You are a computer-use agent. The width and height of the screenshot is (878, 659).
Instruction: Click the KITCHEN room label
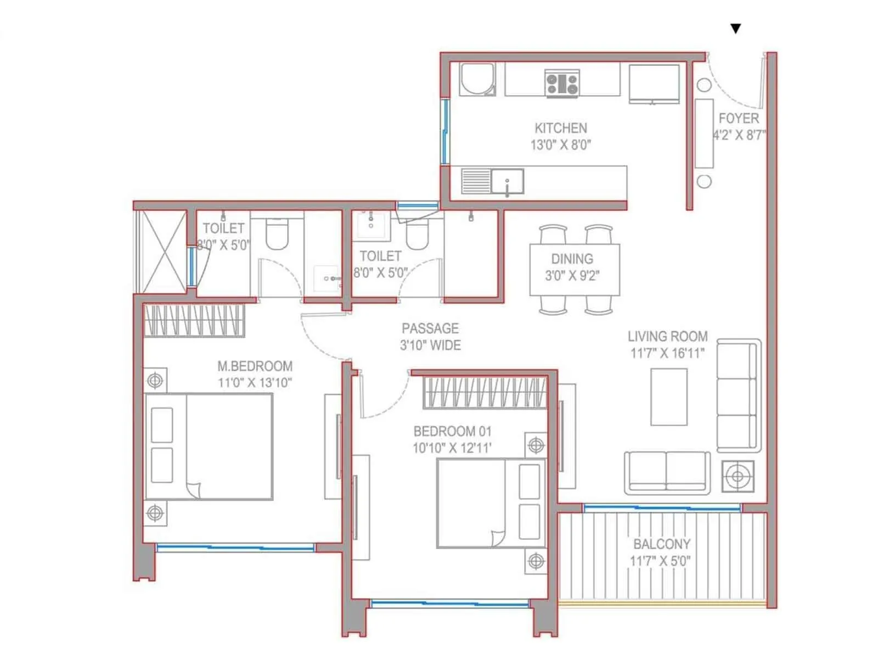[x=560, y=128]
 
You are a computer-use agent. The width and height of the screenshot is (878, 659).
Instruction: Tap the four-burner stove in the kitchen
[x=562, y=84]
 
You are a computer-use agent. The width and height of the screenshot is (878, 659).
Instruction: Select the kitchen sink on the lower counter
[x=507, y=181]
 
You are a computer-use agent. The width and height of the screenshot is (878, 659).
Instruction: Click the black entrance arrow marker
[x=736, y=29]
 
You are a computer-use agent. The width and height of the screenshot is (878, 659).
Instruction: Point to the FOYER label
[x=739, y=118]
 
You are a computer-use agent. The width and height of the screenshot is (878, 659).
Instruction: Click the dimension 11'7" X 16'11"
[x=667, y=353]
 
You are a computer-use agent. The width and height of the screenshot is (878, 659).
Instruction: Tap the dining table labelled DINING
[x=575, y=269]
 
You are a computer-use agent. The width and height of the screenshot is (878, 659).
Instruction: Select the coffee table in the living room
[x=668, y=396]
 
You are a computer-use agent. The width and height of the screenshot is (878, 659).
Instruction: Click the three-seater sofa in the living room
[x=738, y=395]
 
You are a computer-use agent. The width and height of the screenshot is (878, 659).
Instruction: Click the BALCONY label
[x=661, y=544]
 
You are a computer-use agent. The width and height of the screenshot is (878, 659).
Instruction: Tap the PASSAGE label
[x=430, y=328]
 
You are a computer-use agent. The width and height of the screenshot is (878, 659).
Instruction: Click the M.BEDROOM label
[x=255, y=366]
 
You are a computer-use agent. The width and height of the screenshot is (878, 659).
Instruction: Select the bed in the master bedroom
[x=209, y=446]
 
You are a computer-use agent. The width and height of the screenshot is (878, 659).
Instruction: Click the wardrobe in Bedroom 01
[x=485, y=392]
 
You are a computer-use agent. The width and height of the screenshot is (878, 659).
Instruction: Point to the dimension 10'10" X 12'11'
[x=452, y=448]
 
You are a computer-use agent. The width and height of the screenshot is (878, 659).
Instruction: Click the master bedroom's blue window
[x=235, y=548]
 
